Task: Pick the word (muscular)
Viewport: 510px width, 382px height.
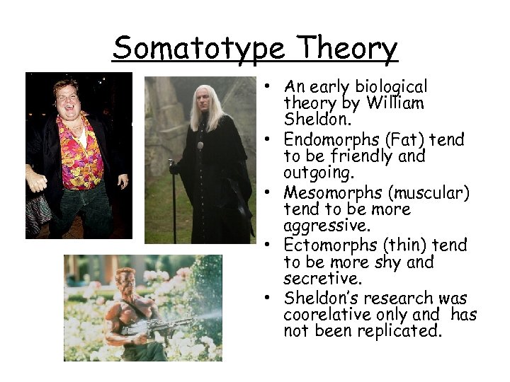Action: coord(423,192)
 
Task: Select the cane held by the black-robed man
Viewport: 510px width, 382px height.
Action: coord(171,202)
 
